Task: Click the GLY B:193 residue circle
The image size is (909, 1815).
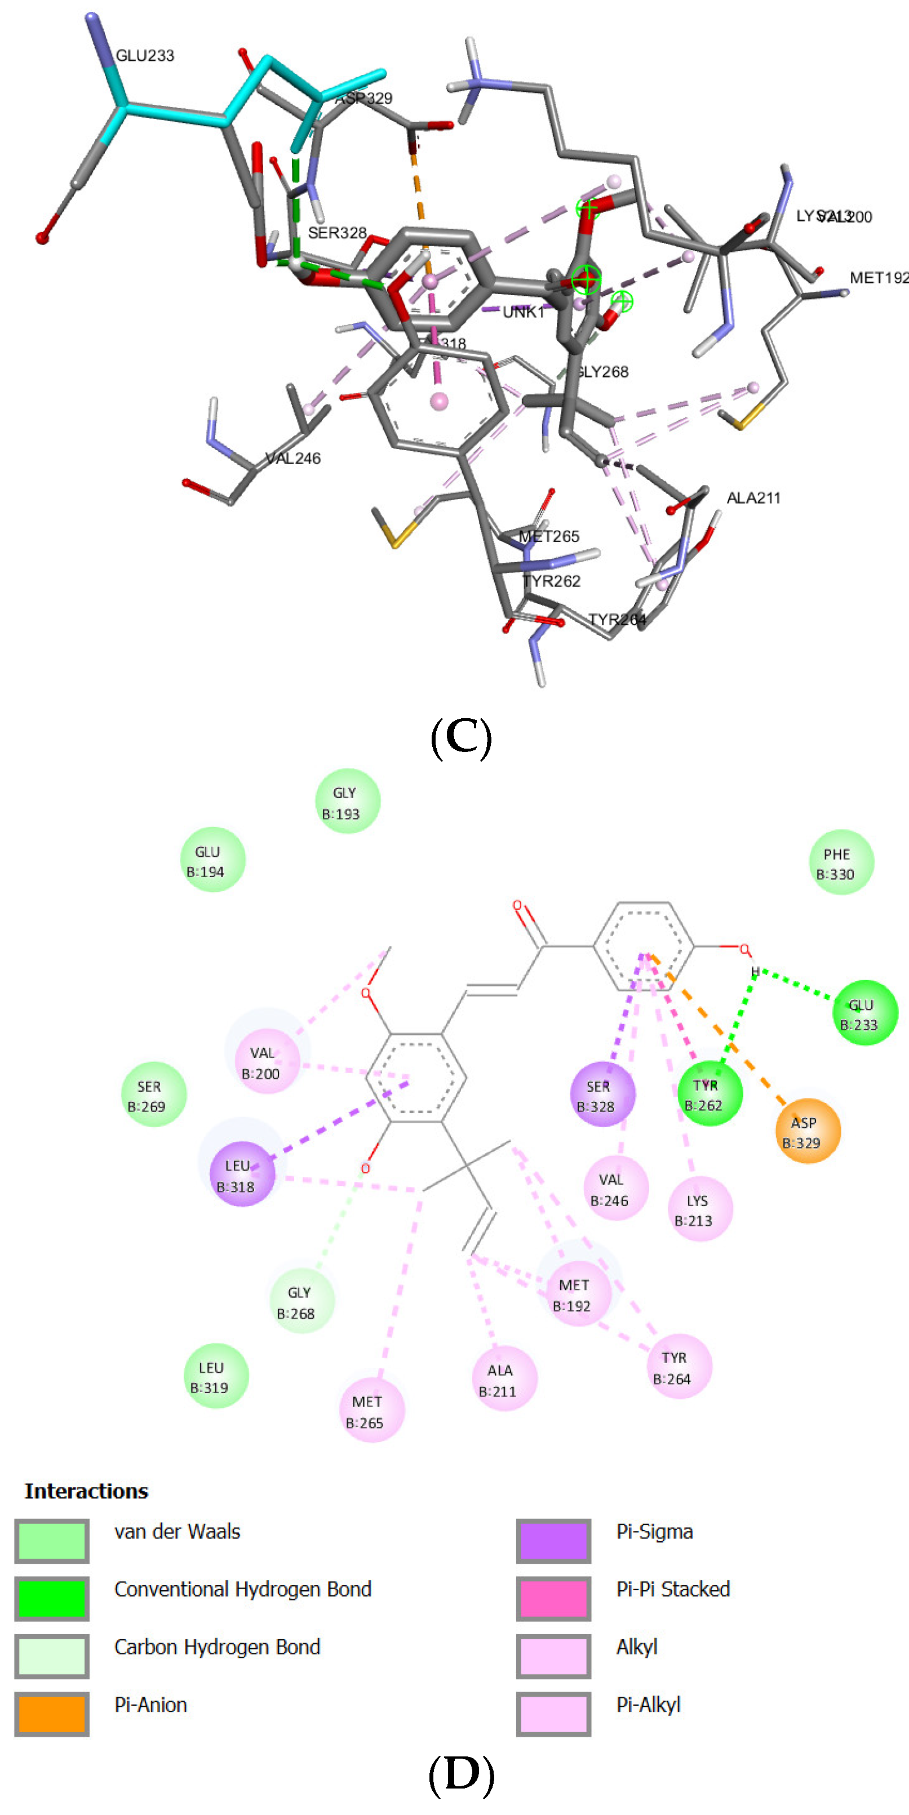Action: (x=347, y=801)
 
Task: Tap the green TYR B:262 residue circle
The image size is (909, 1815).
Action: (x=710, y=1093)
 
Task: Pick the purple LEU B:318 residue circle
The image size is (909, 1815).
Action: (x=242, y=1174)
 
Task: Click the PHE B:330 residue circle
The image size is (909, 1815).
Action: (x=841, y=862)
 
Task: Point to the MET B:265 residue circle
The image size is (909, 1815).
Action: (x=371, y=1411)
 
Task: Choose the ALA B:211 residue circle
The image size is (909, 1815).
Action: (x=504, y=1379)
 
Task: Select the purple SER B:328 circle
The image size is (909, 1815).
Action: (x=602, y=1094)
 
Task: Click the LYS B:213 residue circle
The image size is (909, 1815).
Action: (x=700, y=1209)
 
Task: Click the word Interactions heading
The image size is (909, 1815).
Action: (x=86, y=1491)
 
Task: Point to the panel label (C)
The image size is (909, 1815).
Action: (x=461, y=736)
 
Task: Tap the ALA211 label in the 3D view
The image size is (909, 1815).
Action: (x=753, y=497)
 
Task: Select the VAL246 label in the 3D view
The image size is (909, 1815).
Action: (x=293, y=458)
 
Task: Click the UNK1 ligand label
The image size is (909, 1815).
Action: (x=524, y=312)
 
